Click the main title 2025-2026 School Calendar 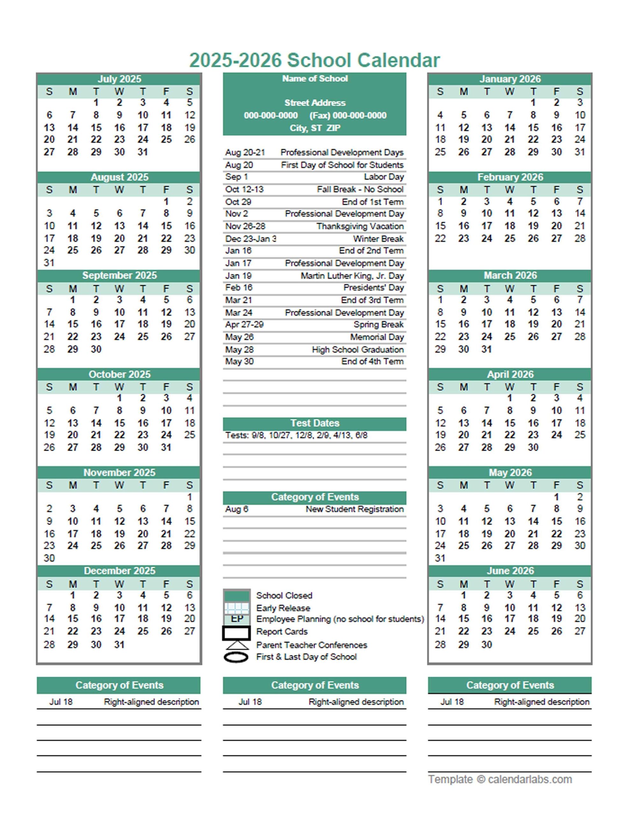pyautogui.click(x=314, y=61)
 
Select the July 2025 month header pyautogui.click(x=119, y=79)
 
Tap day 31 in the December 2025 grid pyautogui.click(x=119, y=644)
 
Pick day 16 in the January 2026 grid pyautogui.click(x=556, y=128)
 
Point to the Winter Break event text pyautogui.click(x=378, y=239)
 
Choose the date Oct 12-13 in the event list pyautogui.click(x=244, y=189)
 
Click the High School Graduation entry pyautogui.click(x=358, y=350)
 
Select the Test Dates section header pyautogui.click(x=314, y=423)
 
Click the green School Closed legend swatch pyautogui.click(x=236, y=595)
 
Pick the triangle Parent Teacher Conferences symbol pyautogui.click(x=236, y=645)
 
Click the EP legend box pyautogui.click(x=237, y=619)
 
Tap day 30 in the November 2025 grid pyautogui.click(x=49, y=558)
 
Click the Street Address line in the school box pyautogui.click(x=314, y=103)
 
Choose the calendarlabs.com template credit pyautogui.click(x=500, y=779)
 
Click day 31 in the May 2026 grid pyautogui.click(x=440, y=558)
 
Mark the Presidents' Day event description pyautogui.click(x=373, y=288)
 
